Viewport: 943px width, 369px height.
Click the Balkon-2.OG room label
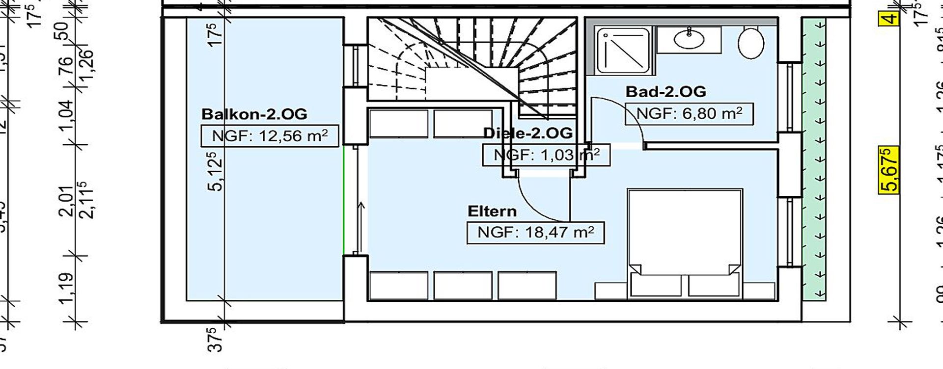[254, 114]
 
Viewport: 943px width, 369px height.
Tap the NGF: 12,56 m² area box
[270, 136]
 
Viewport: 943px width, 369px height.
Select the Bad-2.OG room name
[666, 91]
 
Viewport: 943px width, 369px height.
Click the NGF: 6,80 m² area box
[689, 114]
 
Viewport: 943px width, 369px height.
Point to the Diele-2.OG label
[527, 133]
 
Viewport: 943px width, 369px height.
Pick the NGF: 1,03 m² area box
[546, 155]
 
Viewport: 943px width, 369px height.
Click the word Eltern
[492, 211]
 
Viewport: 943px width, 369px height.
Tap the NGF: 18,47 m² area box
[535, 232]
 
